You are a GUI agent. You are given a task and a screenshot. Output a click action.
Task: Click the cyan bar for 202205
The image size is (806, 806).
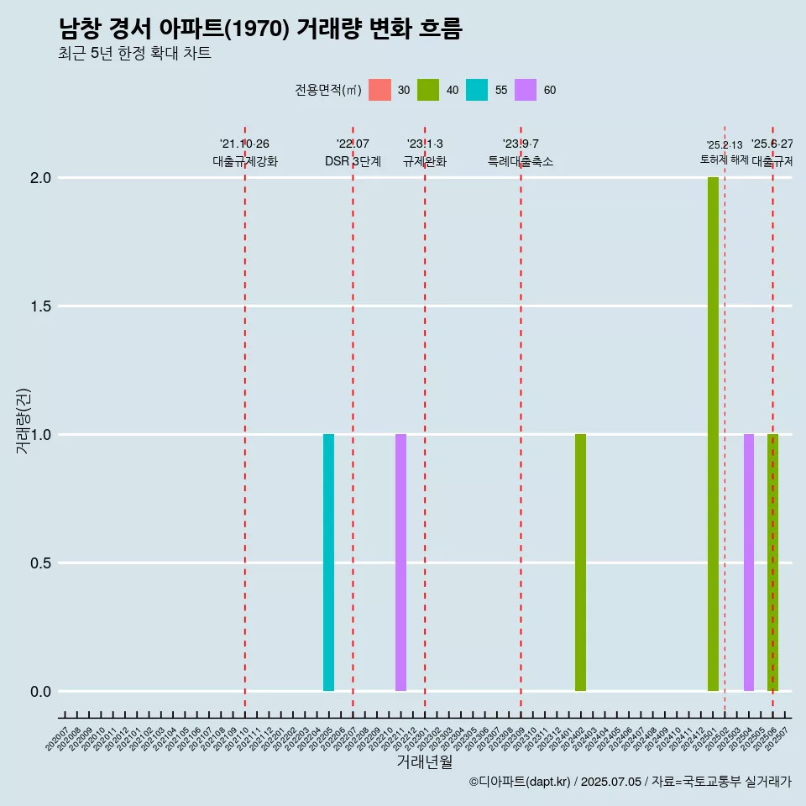[328, 563]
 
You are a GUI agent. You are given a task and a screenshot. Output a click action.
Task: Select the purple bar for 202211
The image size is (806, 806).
[400, 563]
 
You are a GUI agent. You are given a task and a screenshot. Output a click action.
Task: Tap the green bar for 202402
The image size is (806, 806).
[580, 563]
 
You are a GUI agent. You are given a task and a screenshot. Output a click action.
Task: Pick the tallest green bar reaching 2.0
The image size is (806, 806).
[713, 434]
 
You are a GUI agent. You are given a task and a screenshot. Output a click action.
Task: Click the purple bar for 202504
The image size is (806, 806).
[748, 563]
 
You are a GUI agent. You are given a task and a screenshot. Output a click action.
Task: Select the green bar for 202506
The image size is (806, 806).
[773, 563]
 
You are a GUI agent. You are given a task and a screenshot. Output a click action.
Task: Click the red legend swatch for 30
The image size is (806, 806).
[379, 90]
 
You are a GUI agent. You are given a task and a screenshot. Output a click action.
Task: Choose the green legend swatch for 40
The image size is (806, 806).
[428, 90]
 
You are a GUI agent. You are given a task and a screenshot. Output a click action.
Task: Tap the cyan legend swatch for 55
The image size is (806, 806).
[477, 90]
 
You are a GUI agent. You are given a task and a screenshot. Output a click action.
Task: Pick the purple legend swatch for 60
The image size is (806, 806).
[526, 90]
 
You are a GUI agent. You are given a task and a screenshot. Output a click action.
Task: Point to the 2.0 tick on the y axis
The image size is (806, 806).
[41, 178]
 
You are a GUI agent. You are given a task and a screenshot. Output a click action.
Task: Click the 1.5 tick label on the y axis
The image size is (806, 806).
[41, 306]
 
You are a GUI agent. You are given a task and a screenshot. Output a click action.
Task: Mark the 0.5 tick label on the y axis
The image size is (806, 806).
[41, 563]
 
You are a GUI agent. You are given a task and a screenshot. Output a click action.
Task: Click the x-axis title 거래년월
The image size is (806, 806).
[424, 762]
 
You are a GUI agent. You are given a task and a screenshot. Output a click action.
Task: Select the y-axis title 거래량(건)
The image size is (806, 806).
[24, 421]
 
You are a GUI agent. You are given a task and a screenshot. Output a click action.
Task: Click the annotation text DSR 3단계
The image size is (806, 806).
[353, 161]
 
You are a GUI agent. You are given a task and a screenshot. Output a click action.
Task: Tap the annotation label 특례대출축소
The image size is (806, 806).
[521, 161]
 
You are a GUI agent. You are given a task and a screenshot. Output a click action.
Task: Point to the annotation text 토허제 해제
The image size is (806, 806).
[724, 160]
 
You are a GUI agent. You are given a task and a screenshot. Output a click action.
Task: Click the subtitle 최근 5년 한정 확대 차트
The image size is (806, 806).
[134, 54]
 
